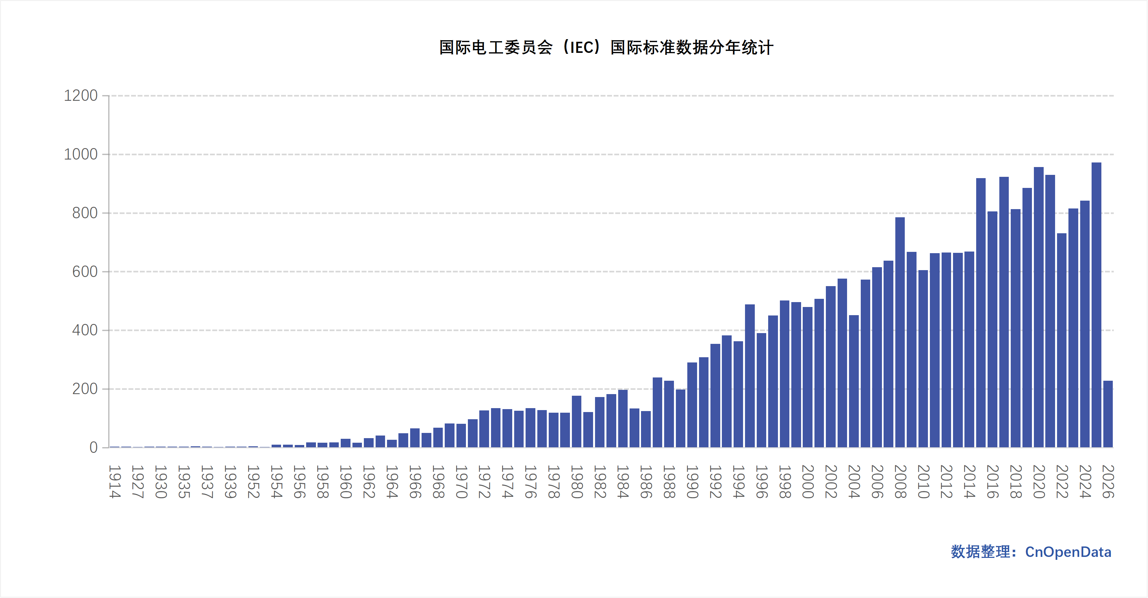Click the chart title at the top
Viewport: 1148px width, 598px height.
click(606, 48)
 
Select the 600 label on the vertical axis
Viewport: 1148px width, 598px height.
click(85, 271)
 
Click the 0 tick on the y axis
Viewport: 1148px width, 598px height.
click(93, 447)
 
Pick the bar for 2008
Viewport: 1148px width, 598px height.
click(900, 332)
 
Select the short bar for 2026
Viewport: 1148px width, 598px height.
click(1108, 414)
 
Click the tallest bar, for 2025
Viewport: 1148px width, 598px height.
click(1096, 305)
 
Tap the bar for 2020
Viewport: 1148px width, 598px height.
click(1038, 307)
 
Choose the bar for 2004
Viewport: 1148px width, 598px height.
click(854, 381)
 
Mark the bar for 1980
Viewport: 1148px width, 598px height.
click(576, 422)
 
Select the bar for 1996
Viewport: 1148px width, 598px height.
click(761, 390)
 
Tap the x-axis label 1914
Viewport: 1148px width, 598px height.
click(114, 482)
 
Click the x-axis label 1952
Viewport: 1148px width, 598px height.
click(253, 482)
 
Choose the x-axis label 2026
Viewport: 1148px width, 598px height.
click(1108, 482)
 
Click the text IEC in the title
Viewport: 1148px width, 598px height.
click(581, 48)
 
